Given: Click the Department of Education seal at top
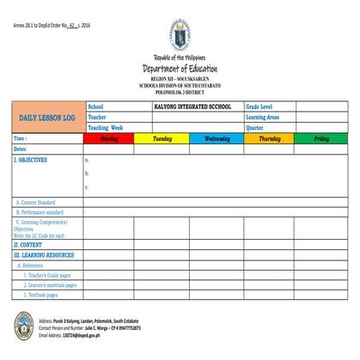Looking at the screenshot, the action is pyautogui.click(x=179, y=35).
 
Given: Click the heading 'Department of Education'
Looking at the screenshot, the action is pyautogui.click(x=180, y=69).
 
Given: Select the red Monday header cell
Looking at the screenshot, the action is pyautogui.click(x=108, y=138).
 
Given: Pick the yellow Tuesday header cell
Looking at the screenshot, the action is pyautogui.click(x=162, y=138).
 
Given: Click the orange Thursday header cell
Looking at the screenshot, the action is pyautogui.click(x=269, y=138).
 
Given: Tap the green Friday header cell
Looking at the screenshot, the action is pyautogui.click(x=321, y=138).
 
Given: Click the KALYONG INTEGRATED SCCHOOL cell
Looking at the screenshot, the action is pyautogui.click(x=186, y=107).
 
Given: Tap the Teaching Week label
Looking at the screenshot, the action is pyautogui.click(x=106, y=127).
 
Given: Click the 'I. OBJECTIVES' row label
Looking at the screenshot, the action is pyautogui.click(x=31, y=160).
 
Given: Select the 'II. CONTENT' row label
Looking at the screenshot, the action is pyautogui.click(x=28, y=245).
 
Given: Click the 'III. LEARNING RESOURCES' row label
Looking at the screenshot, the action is pyautogui.click(x=44, y=255).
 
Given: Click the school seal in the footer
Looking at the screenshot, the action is pyautogui.click(x=23, y=325).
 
